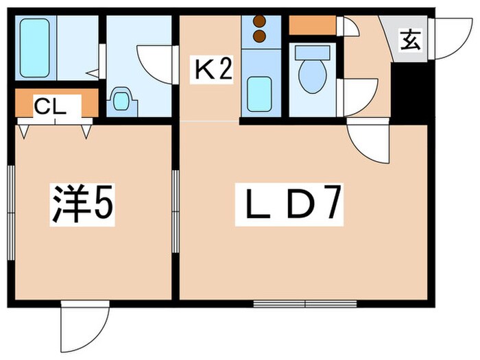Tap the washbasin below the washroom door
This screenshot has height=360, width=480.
[x=122, y=101]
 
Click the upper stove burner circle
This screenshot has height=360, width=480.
[x=260, y=21]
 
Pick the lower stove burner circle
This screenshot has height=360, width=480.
[x=260, y=34]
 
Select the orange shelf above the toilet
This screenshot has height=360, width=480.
[x=312, y=25]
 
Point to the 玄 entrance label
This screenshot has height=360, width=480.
[x=409, y=41]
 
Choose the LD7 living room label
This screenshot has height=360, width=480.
[x=288, y=204]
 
